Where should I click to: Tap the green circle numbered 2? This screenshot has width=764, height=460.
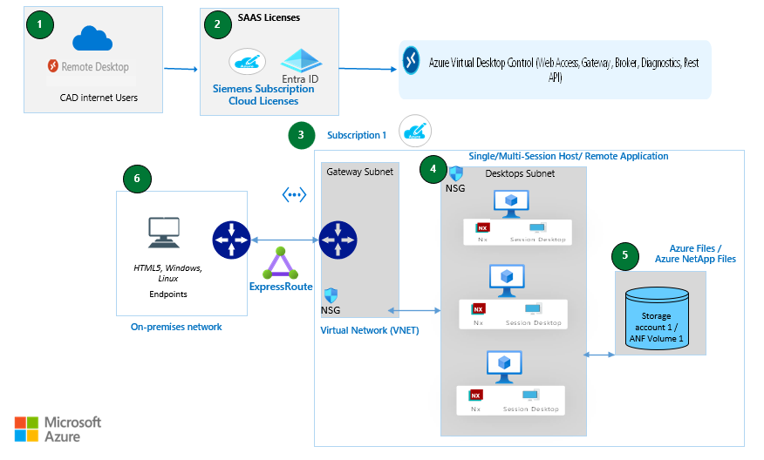pyautogui.click(x=217, y=24)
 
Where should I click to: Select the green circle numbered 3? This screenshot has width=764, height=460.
pyautogui.click(x=301, y=135)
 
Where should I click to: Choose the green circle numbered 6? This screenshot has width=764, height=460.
pyautogui.click(x=137, y=179)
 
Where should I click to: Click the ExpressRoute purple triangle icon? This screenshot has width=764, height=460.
pyautogui.click(x=281, y=264)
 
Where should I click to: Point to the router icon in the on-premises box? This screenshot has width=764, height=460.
pyautogui.click(x=232, y=240)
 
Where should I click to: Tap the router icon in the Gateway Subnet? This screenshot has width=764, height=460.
pyautogui.click(x=338, y=240)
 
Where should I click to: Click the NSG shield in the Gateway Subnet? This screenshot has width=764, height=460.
pyautogui.click(x=331, y=295)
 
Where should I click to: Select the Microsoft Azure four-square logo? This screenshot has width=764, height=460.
pyautogui.click(x=26, y=429)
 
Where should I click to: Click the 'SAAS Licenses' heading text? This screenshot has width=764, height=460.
pyautogui.click(x=269, y=17)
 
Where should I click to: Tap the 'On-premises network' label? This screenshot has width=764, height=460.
pyautogui.click(x=176, y=327)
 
